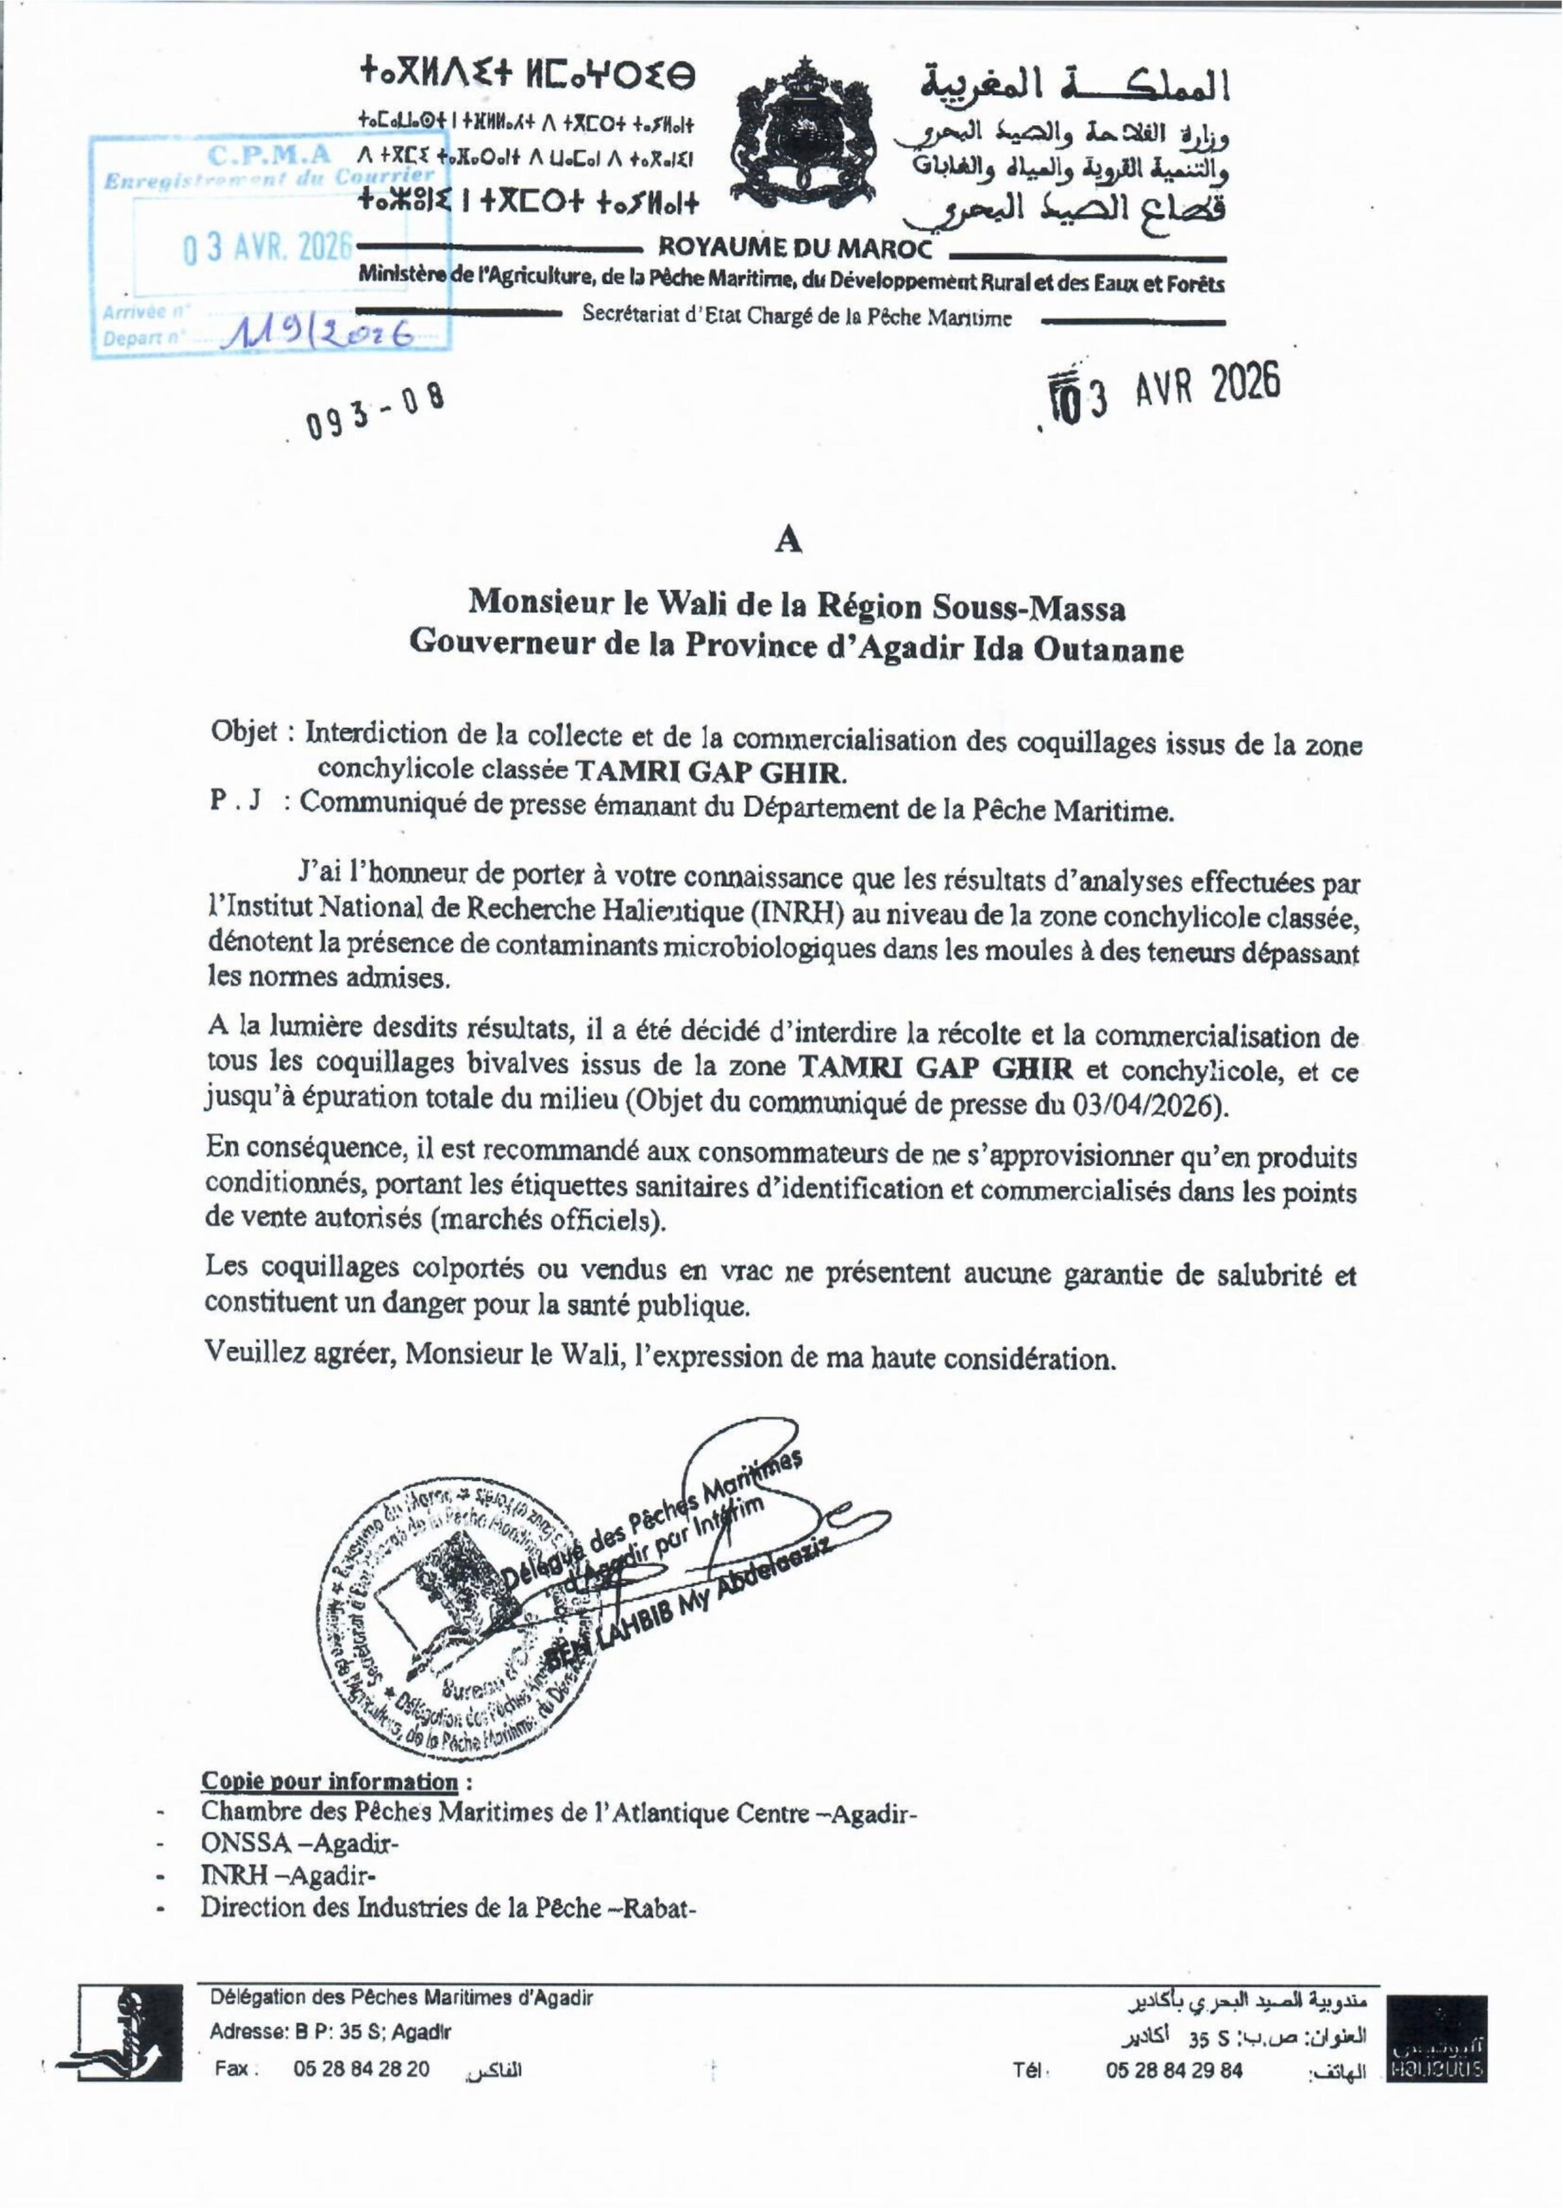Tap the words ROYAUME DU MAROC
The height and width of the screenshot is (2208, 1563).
(x=795, y=248)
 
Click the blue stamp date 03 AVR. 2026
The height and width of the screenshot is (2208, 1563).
(x=267, y=248)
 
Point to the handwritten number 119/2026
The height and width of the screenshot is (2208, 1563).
(x=318, y=333)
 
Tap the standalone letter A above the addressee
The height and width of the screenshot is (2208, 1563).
(x=789, y=542)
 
